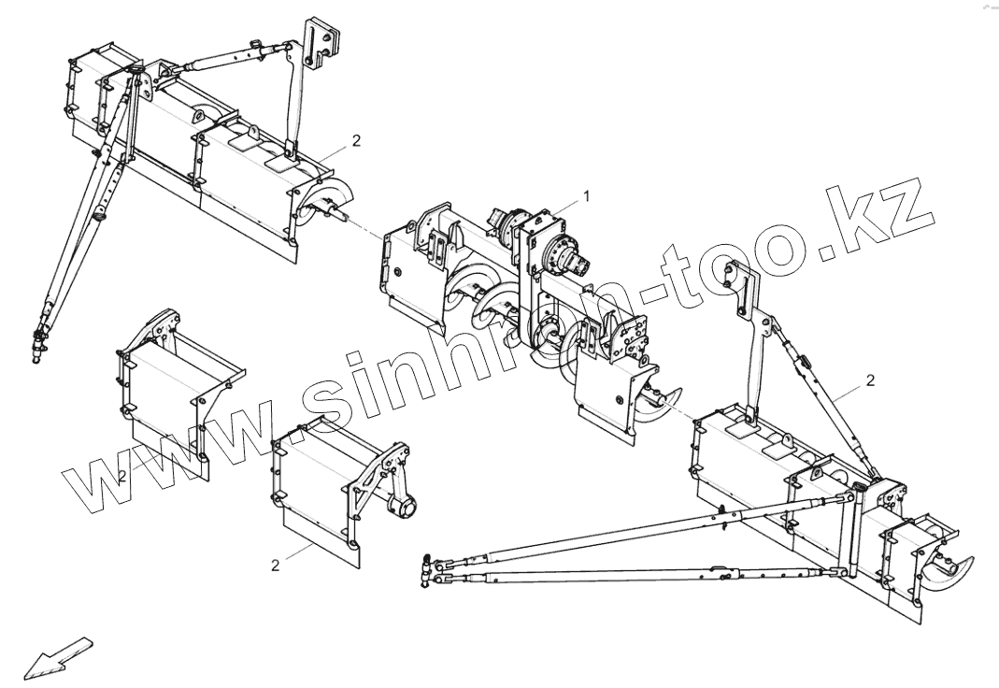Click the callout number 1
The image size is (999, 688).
[x=586, y=195]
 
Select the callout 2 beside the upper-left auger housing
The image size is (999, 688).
[x=355, y=140]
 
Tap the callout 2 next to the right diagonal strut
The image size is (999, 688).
[x=870, y=380]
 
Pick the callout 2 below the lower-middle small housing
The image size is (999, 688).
[x=275, y=565]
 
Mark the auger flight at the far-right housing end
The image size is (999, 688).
[x=949, y=566]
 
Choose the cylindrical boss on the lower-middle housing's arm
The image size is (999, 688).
[x=402, y=507]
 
